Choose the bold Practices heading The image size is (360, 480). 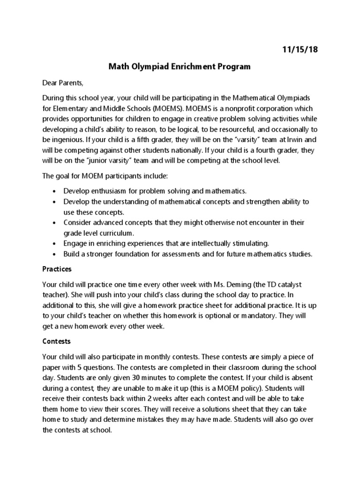pos(57,270)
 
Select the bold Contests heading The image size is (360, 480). pos(56,342)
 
